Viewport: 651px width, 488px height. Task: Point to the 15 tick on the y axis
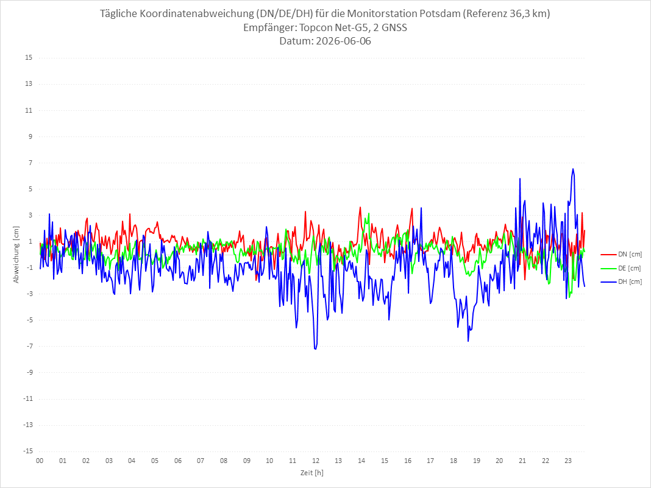point(29,57)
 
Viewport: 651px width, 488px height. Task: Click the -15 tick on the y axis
point(27,451)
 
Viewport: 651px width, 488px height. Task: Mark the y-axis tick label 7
point(30,163)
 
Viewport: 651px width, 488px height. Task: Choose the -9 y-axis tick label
point(29,372)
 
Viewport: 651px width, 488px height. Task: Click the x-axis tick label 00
point(40,461)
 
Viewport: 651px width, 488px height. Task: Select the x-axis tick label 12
point(316,461)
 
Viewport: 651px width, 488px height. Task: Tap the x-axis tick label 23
point(568,461)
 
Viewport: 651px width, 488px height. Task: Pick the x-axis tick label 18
point(454,461)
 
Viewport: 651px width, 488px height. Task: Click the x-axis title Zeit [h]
point(312,473)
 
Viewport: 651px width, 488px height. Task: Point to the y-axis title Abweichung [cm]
point(16,255)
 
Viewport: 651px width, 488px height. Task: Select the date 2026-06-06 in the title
point(343,41)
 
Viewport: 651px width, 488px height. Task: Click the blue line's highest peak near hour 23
point(573,169)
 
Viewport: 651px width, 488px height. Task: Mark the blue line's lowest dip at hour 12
point(316,348)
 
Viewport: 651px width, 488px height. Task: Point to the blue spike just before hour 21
point(520,179)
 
